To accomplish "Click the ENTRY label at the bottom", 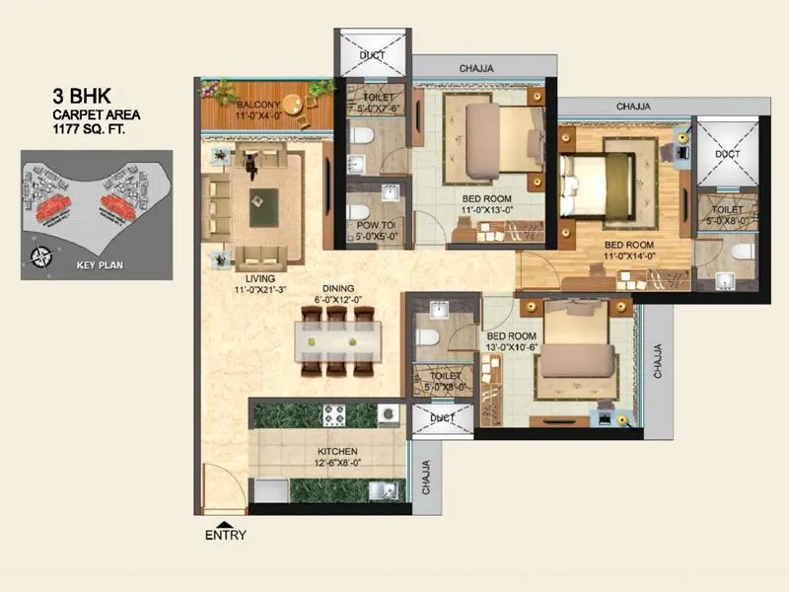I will tap(225, 536).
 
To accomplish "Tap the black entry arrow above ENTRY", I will tap(226, 523).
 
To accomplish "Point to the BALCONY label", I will tap(259, 105).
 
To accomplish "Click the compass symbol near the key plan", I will tap(42, 259).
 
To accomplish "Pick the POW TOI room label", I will tap(376, 225).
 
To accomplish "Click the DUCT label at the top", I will tap(372, 56).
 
